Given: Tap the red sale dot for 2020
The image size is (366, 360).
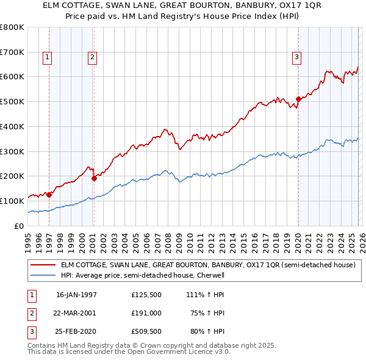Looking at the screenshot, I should (x=298, y=99).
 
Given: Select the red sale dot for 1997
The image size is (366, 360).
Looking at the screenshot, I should (x=49, y=195).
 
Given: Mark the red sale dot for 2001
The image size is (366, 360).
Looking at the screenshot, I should (x=94, y=178).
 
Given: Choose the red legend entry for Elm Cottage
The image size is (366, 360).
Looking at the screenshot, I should (x=208, y=265).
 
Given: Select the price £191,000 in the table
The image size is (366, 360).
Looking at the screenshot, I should (x=146, y=313).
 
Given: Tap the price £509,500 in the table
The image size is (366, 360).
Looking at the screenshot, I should (x=146, y=332).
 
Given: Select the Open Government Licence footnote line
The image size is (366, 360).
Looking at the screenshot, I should (x=129, y=351).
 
